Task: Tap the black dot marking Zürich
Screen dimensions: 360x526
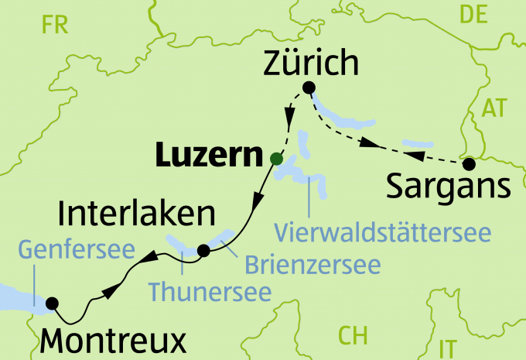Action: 309,87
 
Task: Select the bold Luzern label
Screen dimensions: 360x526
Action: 206,157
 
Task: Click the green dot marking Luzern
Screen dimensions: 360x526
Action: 275,159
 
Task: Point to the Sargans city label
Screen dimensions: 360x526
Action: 448,187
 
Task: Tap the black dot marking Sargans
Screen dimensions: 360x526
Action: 468,164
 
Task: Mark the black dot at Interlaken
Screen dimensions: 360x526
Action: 203,250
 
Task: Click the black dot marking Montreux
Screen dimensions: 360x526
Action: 53,303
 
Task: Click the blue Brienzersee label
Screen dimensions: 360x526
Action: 313,264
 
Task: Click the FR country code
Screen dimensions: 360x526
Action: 56,26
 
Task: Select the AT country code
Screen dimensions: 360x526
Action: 497,108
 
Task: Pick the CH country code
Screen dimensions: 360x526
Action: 353,335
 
